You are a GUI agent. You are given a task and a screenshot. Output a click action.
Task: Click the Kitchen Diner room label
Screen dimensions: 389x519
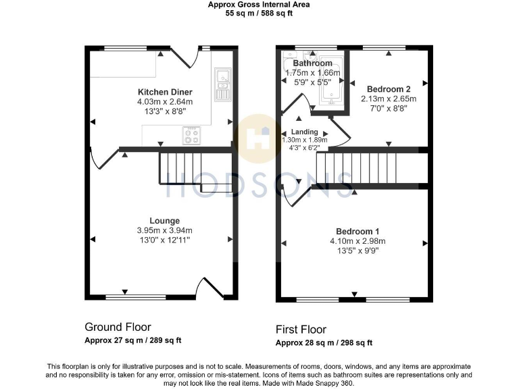coord(165,92)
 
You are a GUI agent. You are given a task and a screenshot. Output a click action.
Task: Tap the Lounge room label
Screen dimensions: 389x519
coord(165,220)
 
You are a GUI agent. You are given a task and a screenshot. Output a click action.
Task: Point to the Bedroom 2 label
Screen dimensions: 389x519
coord(389,89)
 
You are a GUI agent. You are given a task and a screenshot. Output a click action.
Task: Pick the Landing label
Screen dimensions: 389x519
coord(304,132)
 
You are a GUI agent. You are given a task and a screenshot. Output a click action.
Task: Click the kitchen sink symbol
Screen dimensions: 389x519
coord(222,84)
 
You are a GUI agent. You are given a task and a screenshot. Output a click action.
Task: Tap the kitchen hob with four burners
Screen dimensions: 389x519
coord(192,136)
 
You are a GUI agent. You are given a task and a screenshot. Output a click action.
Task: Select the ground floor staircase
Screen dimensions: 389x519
coord(180,167)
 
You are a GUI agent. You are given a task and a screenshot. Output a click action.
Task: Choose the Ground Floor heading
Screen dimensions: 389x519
coord(118,327)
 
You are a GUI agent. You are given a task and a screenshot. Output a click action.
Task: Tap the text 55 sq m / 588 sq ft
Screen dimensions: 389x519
coord(259,13)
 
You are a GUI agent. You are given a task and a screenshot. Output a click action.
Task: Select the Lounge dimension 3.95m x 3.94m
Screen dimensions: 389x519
coord(165,230)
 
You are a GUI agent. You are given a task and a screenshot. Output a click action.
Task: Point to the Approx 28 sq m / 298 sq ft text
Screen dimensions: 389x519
coord(324,343)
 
